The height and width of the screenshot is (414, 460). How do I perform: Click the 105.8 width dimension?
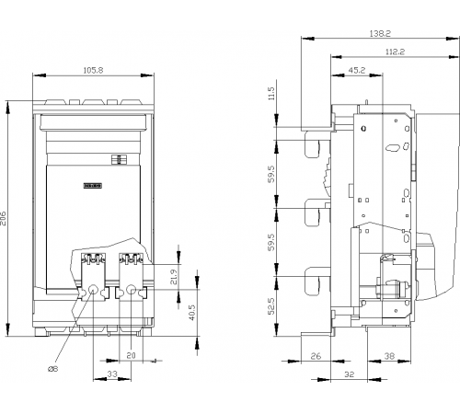(94, 70)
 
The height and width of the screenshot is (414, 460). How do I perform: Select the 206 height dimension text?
(4, 218)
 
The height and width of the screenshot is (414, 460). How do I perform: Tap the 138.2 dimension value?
(380, 33)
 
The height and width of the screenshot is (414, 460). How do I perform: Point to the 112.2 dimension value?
(395, 52)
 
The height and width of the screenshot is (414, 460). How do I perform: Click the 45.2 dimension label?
(357, 70)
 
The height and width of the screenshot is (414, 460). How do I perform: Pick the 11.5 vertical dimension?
(271, 93)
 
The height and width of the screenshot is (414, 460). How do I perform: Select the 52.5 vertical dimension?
(271, 305)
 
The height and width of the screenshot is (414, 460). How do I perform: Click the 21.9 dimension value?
(174, 277)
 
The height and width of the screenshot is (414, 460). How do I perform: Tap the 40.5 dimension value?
(192, 313)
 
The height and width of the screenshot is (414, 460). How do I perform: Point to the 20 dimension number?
(131, 355)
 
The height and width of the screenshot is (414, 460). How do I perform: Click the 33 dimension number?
(112, 374)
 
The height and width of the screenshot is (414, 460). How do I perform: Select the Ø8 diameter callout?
(53, 369)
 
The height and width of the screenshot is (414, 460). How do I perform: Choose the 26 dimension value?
(316, 356)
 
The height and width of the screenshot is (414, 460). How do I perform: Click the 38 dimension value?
(389, 356)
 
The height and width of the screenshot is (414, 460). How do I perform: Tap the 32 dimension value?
(349, 374)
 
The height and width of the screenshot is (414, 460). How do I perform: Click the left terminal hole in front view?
(93, 289)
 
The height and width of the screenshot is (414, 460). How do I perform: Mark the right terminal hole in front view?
(132, 289)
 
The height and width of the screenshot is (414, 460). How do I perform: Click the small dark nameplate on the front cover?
(93, 186)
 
